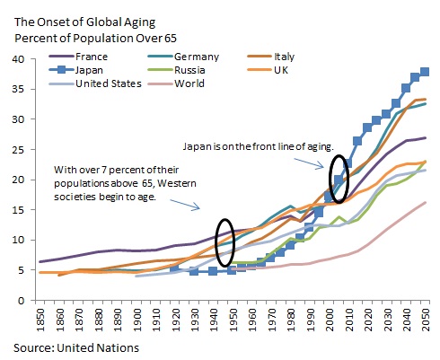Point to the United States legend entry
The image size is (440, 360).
coord(109,83)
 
